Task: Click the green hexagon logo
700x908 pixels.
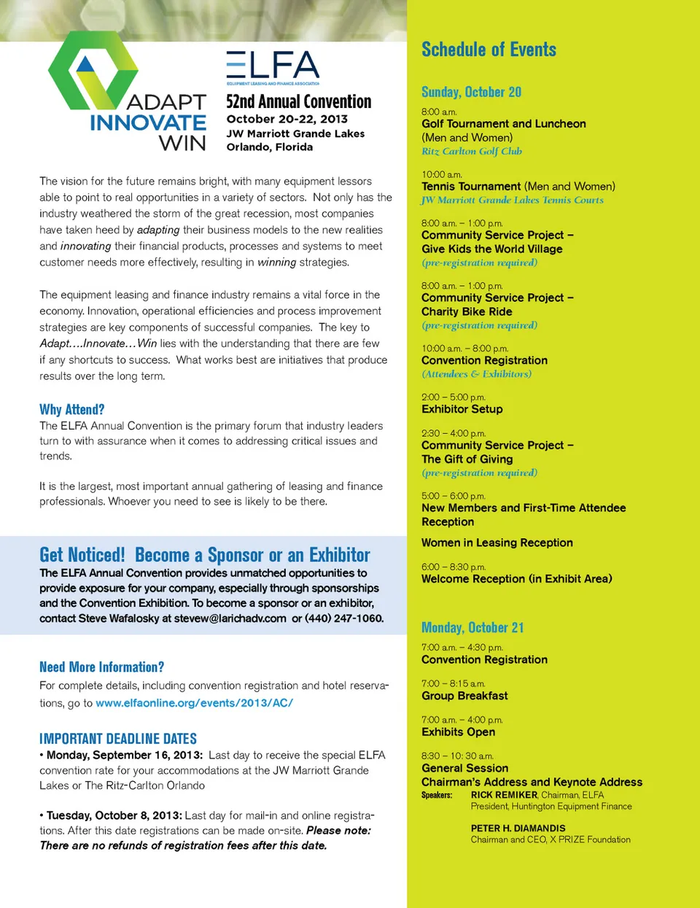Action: [x=93, y=70]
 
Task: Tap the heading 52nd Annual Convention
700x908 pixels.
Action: [x=298, y=101]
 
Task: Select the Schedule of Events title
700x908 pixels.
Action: [x=489, y=50]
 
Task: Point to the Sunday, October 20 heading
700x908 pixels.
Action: [x=471, y=92]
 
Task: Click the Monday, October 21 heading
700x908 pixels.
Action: [x=472, y=627]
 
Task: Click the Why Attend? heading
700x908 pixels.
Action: [x=72, y=409]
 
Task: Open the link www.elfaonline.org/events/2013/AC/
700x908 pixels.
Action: [x=194, y=703]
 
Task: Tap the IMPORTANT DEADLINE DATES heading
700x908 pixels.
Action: [x=118, y=739]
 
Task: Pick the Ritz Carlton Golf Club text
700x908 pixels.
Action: [x=472, y=151]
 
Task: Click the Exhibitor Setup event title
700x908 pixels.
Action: [x=462, y=409]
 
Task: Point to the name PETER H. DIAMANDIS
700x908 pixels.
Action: [x=518, y=829]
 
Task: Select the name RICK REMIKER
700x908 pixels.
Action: [x=504, y=795]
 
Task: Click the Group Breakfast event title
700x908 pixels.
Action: [x=464, y=696]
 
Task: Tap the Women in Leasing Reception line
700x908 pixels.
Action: [x=497, y=543]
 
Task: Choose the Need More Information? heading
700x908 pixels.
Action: [x=101, y=667]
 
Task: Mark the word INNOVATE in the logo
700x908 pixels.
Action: [x=148, y=123]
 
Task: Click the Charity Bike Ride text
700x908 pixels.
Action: [x=467, y=311]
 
